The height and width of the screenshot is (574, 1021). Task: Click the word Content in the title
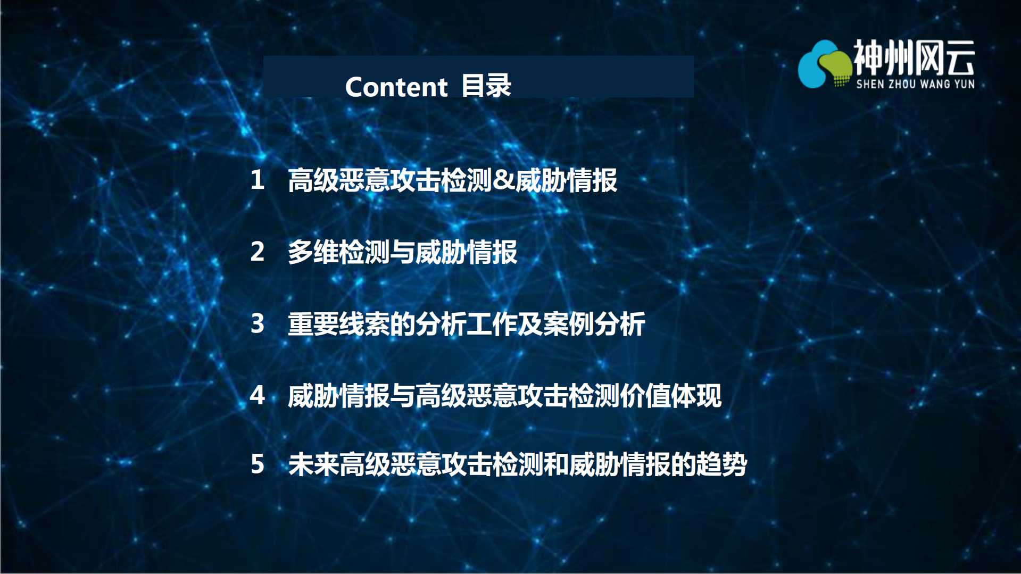396,87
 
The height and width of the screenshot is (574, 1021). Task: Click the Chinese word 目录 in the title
486,86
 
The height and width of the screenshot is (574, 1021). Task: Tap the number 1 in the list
258,180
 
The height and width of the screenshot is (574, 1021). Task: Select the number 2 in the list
258,252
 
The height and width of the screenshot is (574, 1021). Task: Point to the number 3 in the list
258,323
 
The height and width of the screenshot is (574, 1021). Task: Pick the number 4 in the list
258,395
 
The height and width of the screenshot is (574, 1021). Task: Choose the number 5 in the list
258,464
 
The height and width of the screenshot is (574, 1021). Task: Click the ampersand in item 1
503,180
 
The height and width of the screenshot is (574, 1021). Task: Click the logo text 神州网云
914,57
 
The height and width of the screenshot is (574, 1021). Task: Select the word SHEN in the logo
869,84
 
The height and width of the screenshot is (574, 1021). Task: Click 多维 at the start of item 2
313,252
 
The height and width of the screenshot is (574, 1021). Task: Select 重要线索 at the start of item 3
338,323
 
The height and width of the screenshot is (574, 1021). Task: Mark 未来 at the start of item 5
313,464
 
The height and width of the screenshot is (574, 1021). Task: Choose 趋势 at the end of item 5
721,464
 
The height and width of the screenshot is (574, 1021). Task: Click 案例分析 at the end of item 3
594,323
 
